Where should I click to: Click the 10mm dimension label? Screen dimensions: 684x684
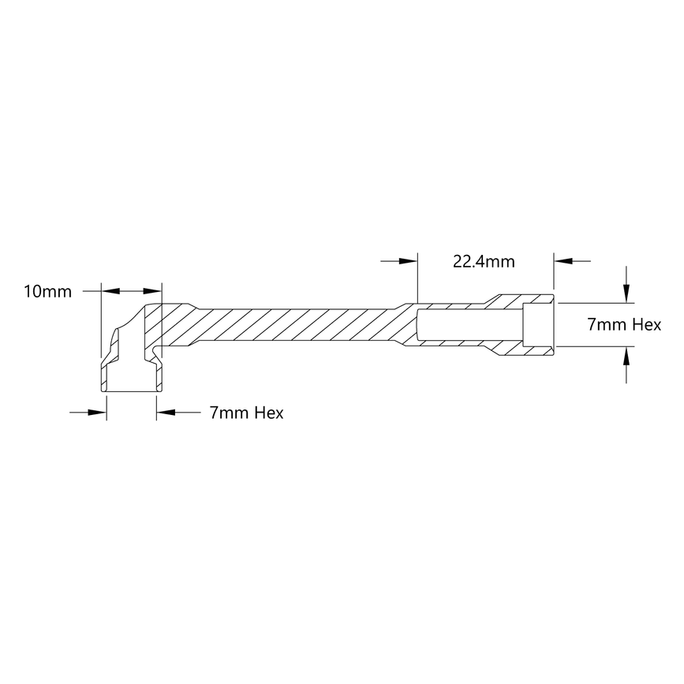click(x=47, y=292)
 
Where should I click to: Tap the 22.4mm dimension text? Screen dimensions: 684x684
click(x=484, y=260)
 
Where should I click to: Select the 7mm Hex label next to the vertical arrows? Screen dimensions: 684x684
click(x=624, y=325)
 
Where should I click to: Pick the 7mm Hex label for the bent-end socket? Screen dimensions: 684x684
click(x=246, y=413)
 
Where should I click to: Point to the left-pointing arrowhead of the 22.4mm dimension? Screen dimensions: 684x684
click(x=563, y=260)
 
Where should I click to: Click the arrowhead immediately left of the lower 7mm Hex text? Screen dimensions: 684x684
click(x=166, y=411)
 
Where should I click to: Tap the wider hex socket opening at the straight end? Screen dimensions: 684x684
click(x=537, y=325)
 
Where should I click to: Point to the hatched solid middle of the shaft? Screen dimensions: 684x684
click(x=300, y=326)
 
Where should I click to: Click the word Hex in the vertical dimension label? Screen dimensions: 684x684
click(x=646, y=325)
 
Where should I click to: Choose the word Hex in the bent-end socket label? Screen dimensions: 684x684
click(x=268, y=413)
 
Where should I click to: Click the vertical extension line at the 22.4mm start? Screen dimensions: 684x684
click(x=417, y=280)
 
